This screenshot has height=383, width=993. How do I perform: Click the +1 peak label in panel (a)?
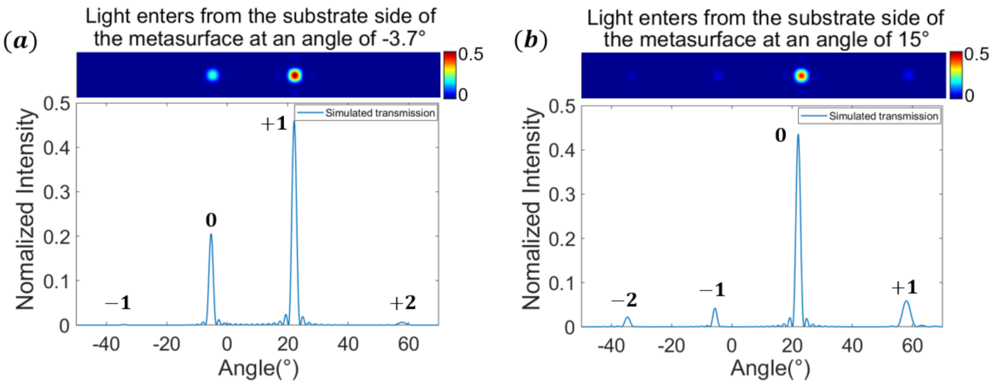coord(273,124)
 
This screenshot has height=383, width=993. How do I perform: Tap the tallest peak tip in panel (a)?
coord(294,122)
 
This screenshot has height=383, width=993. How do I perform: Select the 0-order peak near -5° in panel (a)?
coord(211,235)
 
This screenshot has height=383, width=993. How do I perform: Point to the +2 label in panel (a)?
coord(402,303)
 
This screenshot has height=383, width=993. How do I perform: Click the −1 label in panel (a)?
coord(118,303)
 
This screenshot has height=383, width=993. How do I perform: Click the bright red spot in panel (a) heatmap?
coord(295,75)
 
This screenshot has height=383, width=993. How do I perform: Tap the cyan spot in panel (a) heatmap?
coord(212,75)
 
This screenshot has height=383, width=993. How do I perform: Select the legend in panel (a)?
coord(366,113)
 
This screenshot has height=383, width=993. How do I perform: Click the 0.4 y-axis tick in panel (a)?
coord(56,148)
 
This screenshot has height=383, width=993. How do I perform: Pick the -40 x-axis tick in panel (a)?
coord(105,345)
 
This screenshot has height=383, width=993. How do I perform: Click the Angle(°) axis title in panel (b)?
coord(770,368)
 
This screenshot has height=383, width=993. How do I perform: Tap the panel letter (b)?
coord(530,41)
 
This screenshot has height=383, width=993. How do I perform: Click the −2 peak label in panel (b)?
coord(624,300)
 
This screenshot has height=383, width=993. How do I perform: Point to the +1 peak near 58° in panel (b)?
coord(906,302)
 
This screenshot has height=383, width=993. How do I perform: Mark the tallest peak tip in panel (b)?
coord(798,136)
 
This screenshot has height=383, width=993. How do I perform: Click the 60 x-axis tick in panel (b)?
coord(912,346)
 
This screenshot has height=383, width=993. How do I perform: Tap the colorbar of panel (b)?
coord(956,74)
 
